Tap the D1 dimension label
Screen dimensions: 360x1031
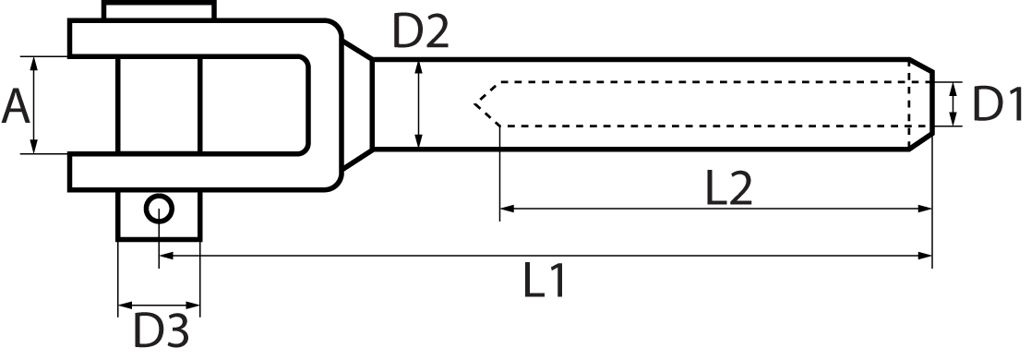(999, 104)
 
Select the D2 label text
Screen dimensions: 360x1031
(420, 32)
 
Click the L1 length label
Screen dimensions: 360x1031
(545, 282)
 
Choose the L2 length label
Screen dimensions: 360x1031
(728, 189)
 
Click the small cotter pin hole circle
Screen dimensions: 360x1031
(159, 209)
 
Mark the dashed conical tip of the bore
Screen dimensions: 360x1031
(486, 102)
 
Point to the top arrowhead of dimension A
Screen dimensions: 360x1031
(34, 62)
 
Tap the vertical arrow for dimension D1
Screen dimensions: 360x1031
(953, 103)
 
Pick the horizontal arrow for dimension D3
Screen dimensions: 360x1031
(159, 304)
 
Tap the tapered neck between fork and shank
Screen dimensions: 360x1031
(356, 103)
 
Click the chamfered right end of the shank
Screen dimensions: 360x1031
(920, 103)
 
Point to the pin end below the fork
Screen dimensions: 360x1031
(159, 217)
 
